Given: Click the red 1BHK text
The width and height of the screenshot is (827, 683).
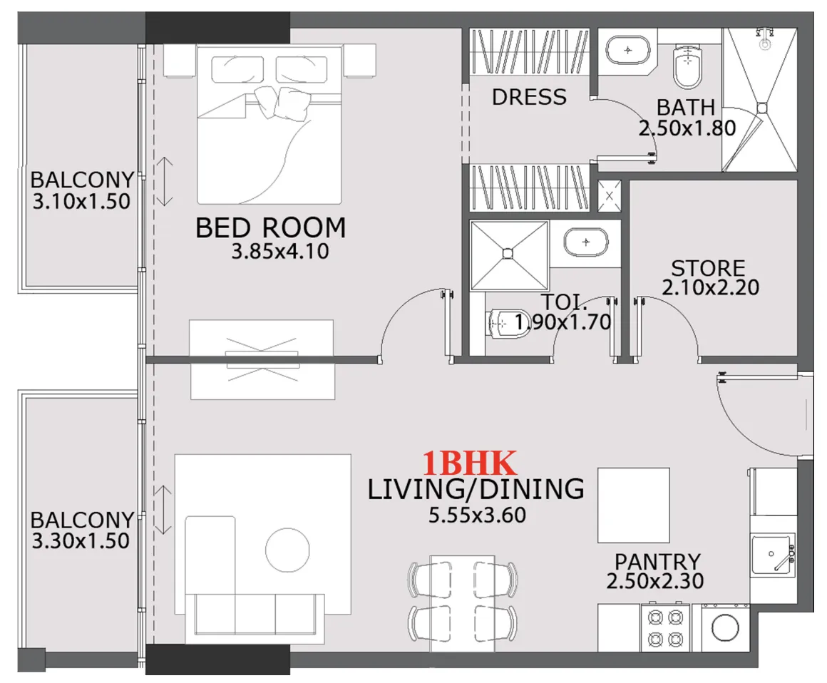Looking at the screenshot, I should [469, 464].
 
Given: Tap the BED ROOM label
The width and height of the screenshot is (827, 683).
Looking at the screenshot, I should [270, 228].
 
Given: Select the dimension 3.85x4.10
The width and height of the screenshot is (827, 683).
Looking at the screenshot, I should [279, 252].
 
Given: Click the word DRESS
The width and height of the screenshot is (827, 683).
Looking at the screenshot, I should [529, 97].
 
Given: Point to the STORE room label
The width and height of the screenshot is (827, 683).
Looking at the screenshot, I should [708, 269].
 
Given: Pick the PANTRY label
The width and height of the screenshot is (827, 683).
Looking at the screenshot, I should [657, 562].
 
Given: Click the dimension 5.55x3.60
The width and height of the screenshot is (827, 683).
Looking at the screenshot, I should [477, 514].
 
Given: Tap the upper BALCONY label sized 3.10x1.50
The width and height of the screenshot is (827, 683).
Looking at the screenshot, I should [82, 180].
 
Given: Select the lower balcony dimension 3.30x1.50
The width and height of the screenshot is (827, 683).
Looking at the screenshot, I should [81, 541].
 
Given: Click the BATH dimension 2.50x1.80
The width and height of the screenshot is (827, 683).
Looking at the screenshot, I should [687, 128].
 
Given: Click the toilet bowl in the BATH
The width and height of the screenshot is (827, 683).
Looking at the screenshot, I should [688, 66].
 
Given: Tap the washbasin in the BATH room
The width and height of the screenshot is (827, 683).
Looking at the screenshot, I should [628, 51].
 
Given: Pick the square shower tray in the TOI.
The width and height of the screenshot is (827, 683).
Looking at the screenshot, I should [508, 253].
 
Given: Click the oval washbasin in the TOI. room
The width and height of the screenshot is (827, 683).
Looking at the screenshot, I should [586, 243].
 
